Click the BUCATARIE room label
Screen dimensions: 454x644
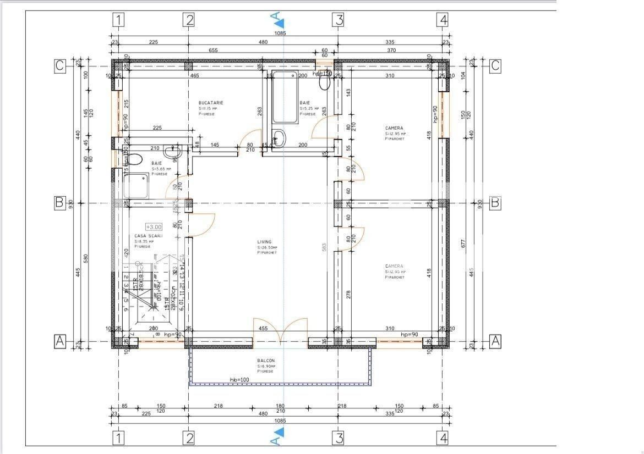tap(211, 103)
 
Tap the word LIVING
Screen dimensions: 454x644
tap(264, 242)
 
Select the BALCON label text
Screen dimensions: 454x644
tap(265, 361)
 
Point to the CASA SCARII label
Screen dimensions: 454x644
tap(148, 236)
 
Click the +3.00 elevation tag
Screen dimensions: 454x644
tap(154, 226)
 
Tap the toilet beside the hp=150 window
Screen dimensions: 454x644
tap(324, 82)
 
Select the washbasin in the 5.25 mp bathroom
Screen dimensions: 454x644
tap(279, 138)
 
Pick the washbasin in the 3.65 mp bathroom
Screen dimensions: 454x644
tap(176, 149)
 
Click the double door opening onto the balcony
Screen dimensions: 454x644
tap(280, 332)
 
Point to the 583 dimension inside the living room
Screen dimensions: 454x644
tap(324, 247)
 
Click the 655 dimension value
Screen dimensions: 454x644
tap(214, 50)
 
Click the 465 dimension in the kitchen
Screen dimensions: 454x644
tap(195, 75)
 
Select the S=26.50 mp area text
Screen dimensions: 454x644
tap(268, 247)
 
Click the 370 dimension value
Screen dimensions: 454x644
tap(391, 50)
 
